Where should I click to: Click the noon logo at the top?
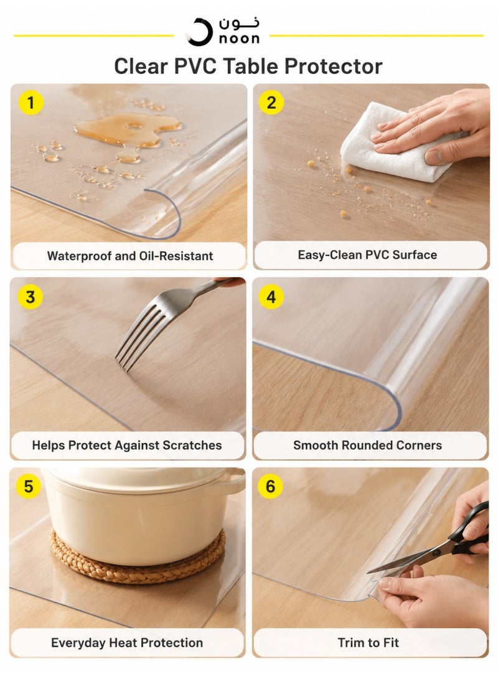(x=223, y=30)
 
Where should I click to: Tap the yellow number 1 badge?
(x=31, y=103)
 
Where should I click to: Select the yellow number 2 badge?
(x=271, y=103)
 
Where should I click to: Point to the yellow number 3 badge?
(x=31, y=297)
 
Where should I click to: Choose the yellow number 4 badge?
(x=271, y=297)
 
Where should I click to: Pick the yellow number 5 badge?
(x=29, y=486)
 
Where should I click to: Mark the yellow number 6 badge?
(x=270, y=486)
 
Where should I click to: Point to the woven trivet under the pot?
(x=138, y=557)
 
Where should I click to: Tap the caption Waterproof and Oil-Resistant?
(x=130, y=256)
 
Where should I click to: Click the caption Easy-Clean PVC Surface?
(x=367, y=255)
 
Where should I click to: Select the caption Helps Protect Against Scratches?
(x=127, y=445)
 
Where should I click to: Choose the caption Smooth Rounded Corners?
(x=367, y=445)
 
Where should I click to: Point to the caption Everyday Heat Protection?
(x=127, y=643)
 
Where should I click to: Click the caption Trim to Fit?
(x=368, y=643)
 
